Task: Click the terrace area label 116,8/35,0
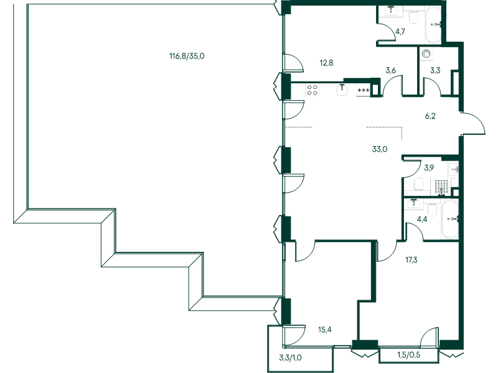click(x=187, y=56)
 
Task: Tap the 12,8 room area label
click(x=327, y=62)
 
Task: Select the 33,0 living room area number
click(x=380, y=149)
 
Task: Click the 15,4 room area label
click(x=324, y=329)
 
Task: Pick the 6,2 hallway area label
click(x=430, y=116)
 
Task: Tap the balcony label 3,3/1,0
click(x=291, y=357)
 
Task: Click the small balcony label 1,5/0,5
click(x=408, y=355)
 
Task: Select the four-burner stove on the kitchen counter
click(x=312, y=90)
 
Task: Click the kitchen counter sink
click(x=342, y=90)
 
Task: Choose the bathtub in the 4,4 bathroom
click(x=449, y=219)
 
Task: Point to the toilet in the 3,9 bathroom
click(x=419, y=183)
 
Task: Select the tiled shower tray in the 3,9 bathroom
click(x=441, y=186)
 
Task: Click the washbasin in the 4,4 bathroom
click(x=413, y=203)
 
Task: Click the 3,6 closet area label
click(x=391, y=70)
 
